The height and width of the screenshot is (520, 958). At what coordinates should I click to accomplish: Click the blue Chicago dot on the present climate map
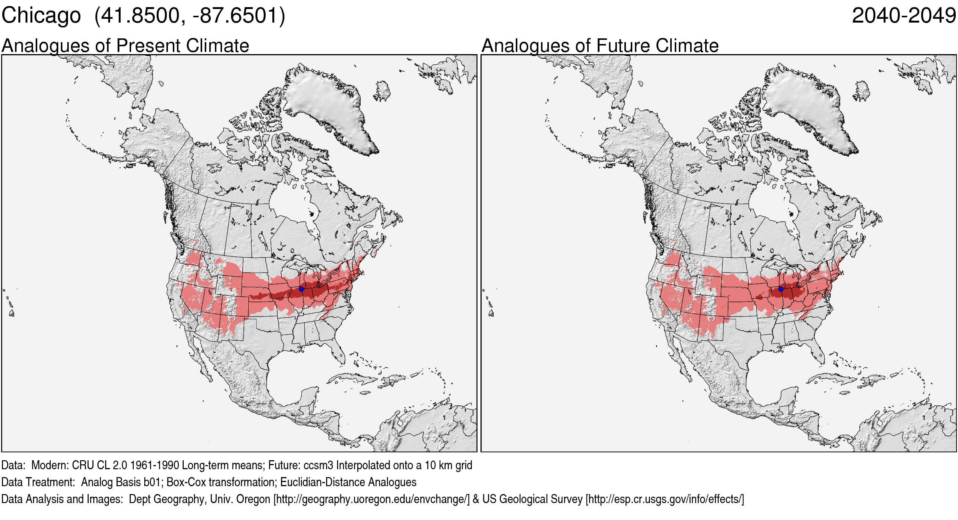click(301, 289)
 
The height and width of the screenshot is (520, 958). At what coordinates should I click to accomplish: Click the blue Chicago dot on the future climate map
click(781, 289)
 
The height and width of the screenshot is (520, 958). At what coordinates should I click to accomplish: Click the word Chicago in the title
click(41, 16)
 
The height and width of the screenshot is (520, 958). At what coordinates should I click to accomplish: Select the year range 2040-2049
click(904, 16)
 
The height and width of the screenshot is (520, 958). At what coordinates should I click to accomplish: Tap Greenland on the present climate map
click(327, 105)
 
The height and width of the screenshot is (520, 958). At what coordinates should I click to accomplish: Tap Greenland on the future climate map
click(806, 105)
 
